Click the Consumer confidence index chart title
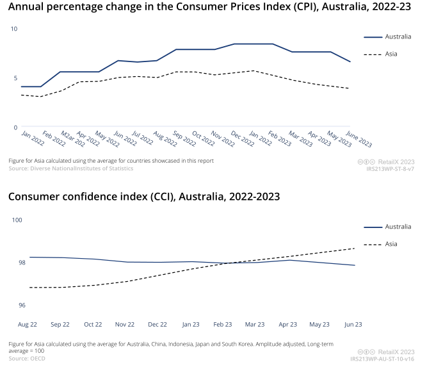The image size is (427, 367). point(144,196)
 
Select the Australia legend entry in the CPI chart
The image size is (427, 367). point(392,37)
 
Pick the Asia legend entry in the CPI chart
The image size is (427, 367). point(391,54)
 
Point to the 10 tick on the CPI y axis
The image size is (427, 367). point(14,29)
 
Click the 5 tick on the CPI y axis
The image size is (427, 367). point(15,78)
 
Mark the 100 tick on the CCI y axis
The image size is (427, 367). point(17,220)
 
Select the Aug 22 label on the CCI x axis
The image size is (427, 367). point(26,325)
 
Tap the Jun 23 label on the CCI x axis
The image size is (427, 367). point(354,325)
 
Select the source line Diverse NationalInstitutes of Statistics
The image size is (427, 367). point(70,168)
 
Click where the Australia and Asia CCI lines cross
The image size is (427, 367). point(229,263)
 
